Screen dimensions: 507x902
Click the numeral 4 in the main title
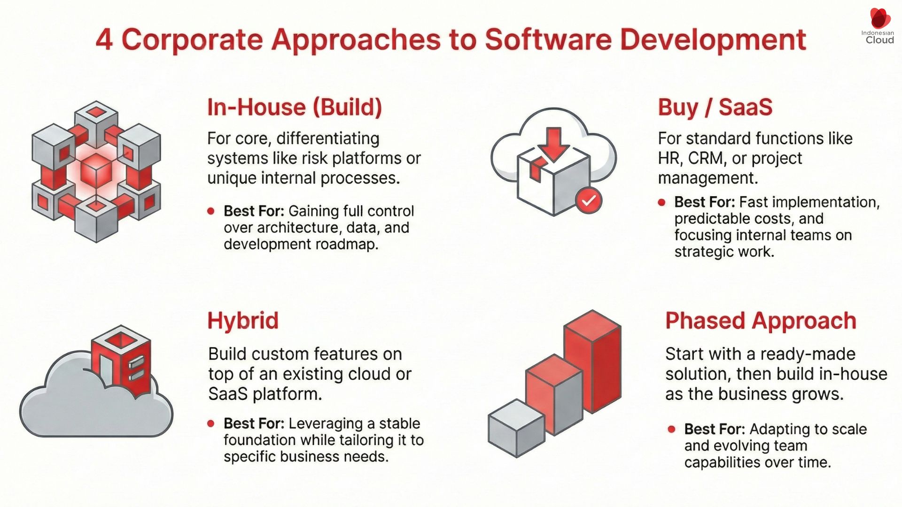point(104,39)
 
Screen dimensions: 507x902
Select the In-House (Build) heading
point(295,107)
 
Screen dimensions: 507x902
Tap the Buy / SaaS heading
point(715,107)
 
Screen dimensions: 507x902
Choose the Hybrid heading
point(243,321)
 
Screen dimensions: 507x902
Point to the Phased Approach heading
point(761,321)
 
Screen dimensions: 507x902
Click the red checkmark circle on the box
point(588,200)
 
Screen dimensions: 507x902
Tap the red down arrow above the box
point(553,143)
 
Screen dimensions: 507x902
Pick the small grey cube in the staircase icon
point(516,427)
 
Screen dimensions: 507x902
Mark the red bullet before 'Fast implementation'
point(662,203)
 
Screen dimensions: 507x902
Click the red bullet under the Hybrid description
point(211,424)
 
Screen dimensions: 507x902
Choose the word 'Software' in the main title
point(548,39)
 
